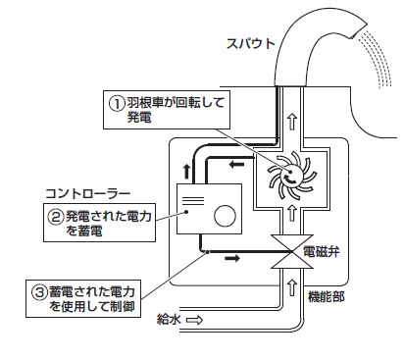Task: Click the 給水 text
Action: click(x=170, y=318)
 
